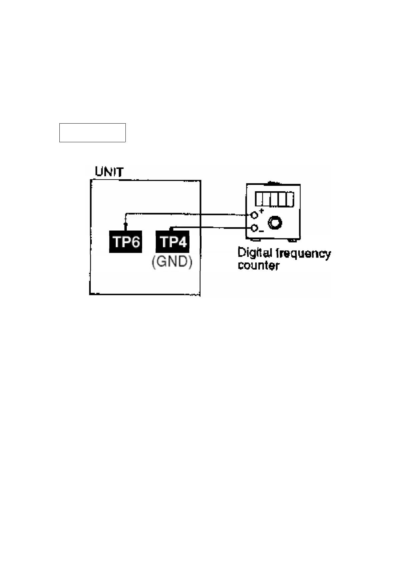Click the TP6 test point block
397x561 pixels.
(125, 242)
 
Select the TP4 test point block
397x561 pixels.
(172, 242)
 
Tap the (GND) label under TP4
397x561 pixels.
(172, 262)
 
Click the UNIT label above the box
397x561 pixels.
(109, 172)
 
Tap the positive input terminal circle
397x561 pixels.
(254, 215)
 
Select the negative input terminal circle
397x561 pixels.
(254, 228)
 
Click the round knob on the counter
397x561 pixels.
(275, 223)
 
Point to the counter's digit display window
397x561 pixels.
(275, 199)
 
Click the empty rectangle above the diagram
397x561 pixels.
(92, 133)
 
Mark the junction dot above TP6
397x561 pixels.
(125, 225)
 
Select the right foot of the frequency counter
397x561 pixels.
(292, 240)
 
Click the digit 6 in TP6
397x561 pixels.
(135, 242)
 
